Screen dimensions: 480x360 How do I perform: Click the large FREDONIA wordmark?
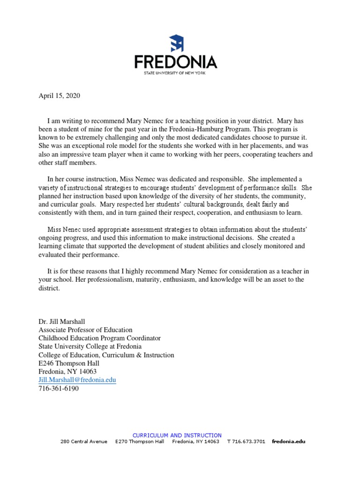[x=176, y=62]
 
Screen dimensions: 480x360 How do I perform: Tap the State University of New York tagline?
[x=176, y=73]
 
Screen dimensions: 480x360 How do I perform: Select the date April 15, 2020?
[x=59, y=96]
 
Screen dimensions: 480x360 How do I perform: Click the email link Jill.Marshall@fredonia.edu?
[x=77, y=380]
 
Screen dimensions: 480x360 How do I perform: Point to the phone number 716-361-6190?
[x=59, y=389]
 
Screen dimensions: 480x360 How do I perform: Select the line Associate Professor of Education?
[x=85, y=330]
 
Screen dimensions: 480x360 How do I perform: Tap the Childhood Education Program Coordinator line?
[x=99, y=338]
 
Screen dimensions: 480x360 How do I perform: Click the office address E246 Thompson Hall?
[x=68, y=363]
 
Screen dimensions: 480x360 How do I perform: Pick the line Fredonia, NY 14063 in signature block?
[x=67, y=371]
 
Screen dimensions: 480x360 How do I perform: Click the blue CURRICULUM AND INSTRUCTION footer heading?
[x=177, y=435]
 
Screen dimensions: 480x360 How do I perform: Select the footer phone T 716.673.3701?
[x=246, y=442]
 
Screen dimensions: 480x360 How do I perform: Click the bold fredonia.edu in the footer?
[x=288, y=442]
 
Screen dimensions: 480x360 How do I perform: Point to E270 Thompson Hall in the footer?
[x=140, y=442]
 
